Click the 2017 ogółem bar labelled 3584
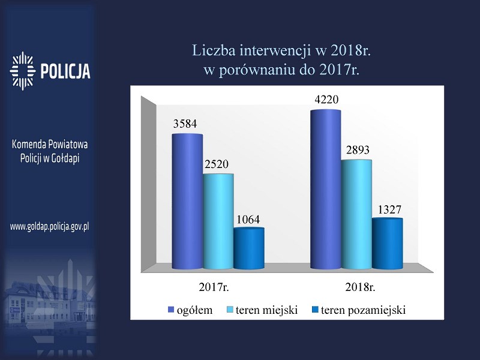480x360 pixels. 187,202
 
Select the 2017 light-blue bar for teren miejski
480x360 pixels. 218,221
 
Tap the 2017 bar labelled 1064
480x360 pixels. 249,248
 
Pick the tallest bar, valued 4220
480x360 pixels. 326,190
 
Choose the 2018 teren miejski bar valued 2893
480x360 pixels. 356,214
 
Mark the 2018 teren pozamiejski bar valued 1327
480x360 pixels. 388,244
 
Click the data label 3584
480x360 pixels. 185,124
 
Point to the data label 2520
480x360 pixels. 217,164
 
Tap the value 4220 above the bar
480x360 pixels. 326,100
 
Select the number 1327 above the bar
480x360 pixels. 389,209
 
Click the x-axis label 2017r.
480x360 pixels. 214,287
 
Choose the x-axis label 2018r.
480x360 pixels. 360,287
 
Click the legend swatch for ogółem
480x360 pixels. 171,310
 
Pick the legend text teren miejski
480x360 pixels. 266,310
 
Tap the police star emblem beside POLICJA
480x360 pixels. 22,71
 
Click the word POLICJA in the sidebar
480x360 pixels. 65,71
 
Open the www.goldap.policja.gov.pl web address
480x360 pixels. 50,227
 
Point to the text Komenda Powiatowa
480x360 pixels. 50,144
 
